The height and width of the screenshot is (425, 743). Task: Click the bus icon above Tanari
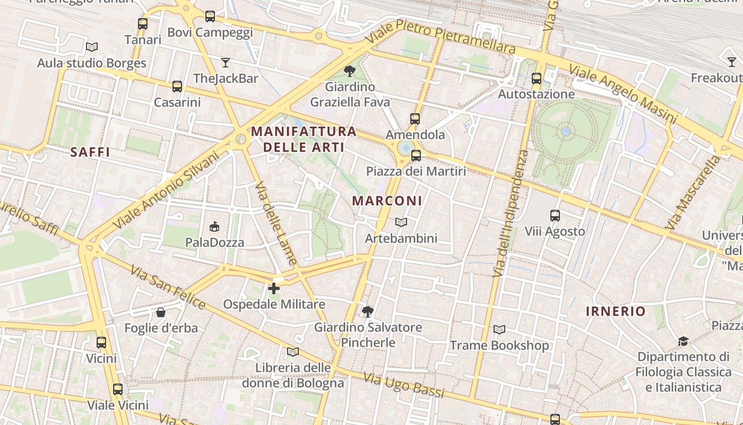click(x=143, y=24)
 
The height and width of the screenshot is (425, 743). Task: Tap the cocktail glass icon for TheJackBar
click(x=226, y=63)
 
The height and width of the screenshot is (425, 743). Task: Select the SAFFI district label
click(x=90, y=152)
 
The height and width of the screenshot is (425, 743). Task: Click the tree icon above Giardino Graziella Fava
click(x=349, y=71)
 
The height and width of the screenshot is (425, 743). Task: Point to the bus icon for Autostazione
click(x=537, y=79)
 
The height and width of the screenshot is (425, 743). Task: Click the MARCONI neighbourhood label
click(x=387, y=201)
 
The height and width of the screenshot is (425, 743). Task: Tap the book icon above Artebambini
click(x=401, y=223)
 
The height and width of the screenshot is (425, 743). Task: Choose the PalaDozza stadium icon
click(x=214, y=227)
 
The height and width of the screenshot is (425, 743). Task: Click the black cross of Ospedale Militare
click(x=274, y=288)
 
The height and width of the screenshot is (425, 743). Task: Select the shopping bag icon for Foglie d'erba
click(x=161, y=312)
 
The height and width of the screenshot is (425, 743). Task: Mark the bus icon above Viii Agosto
click(x=555, y=216)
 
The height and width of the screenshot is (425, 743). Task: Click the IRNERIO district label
click(x=616, y=311)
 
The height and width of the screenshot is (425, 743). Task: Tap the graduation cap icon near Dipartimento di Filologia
click(x=683, y=341)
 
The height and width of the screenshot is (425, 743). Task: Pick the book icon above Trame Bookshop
click(x=499, y=330)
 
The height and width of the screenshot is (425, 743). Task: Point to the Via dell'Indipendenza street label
click(x=510, y=213)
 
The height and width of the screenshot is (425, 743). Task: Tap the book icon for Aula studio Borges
click(x=92, y=47)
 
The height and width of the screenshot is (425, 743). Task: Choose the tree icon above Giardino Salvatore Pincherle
click(x=368, y=311)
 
